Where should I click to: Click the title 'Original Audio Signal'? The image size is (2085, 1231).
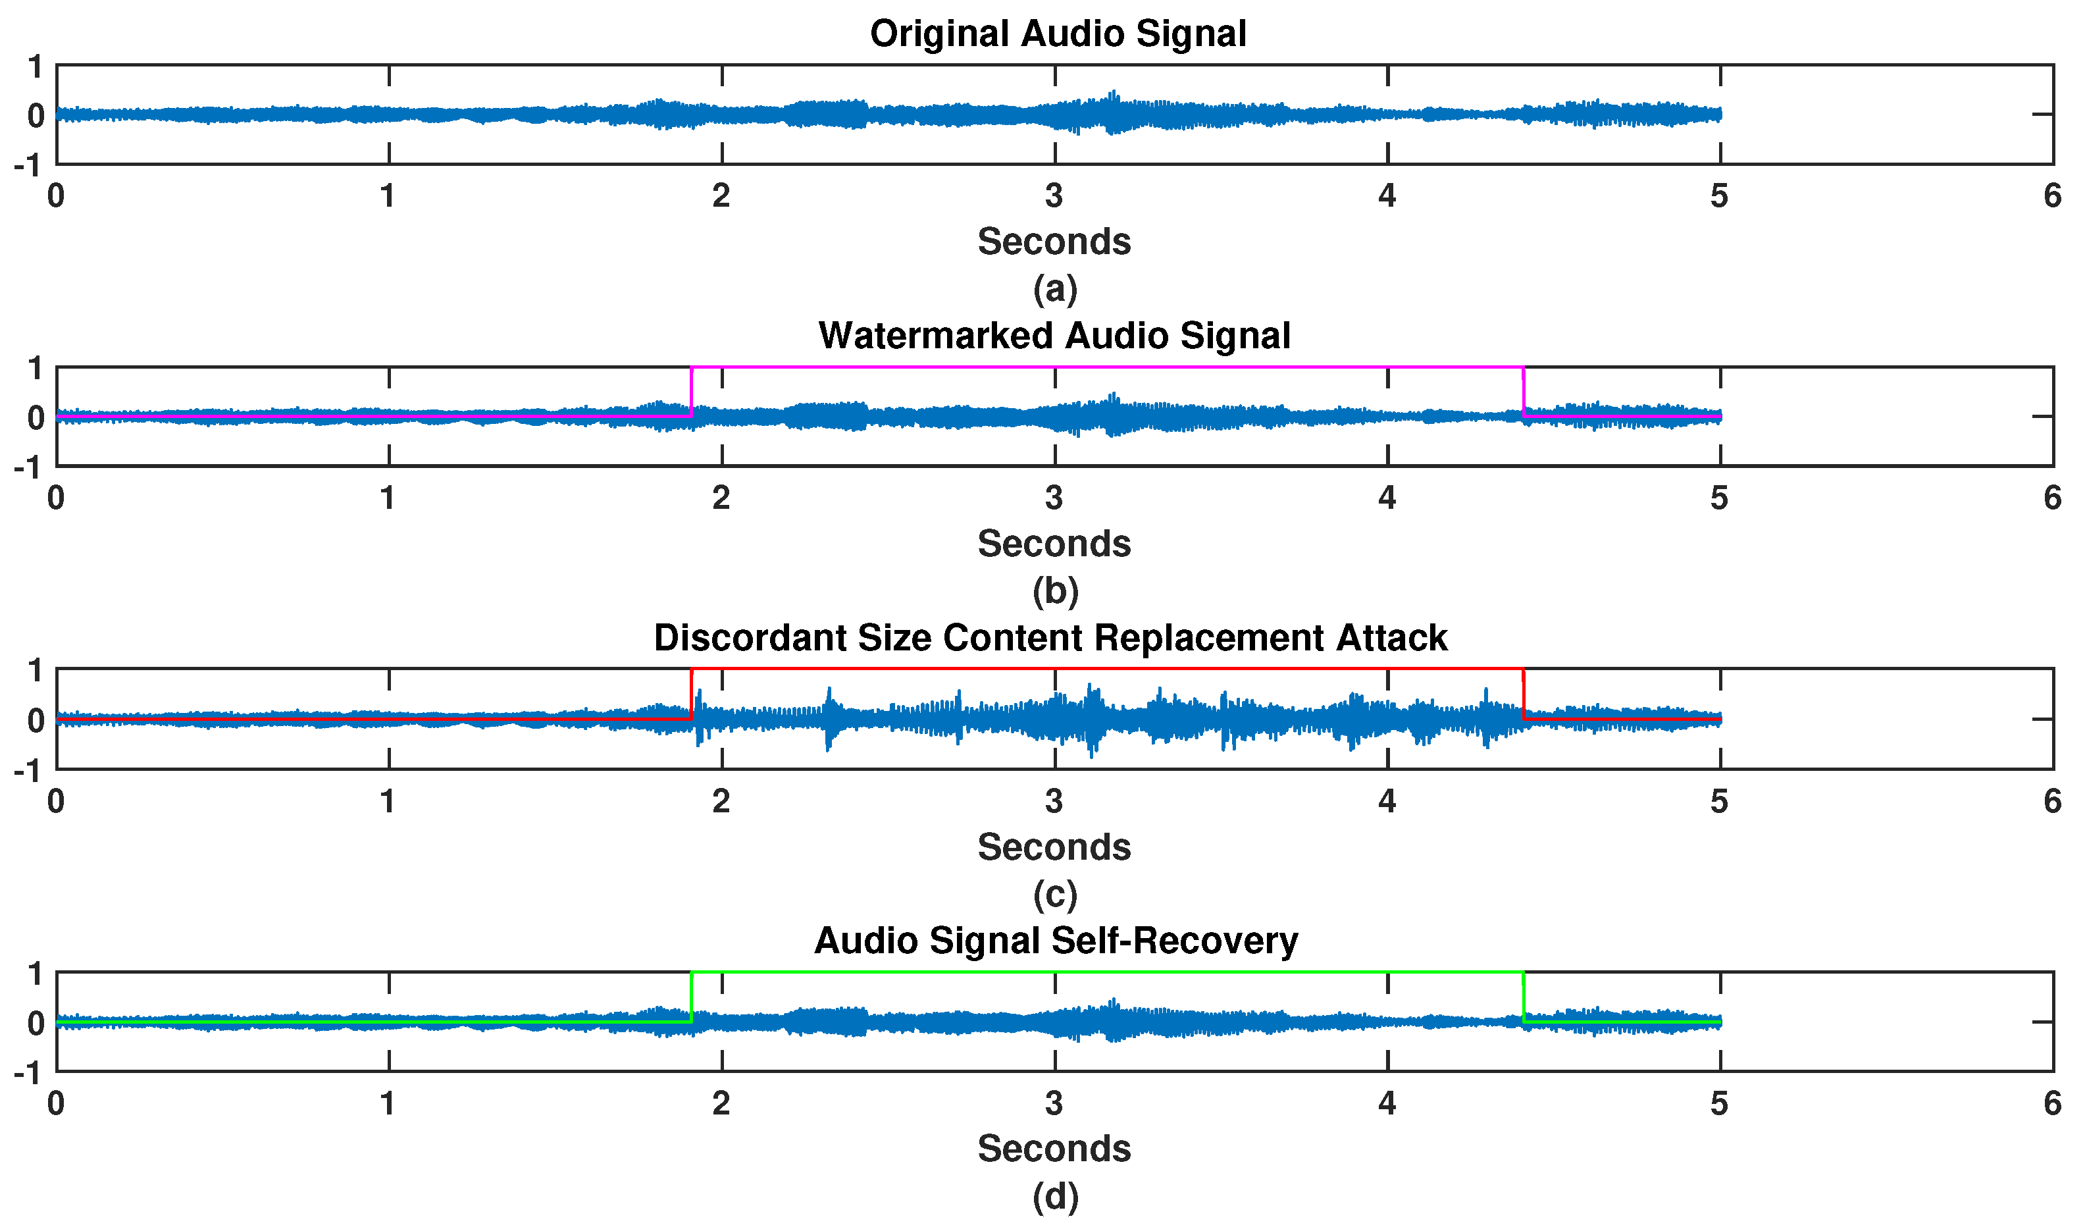tap(1058, 34)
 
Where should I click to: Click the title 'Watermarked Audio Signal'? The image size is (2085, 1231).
tap(1054, 336)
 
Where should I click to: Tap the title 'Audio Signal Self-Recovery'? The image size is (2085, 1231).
tap(1056, 941)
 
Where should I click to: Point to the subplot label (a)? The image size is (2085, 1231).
tap(1055, 289)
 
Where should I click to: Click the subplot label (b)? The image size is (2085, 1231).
tap(1055, 590)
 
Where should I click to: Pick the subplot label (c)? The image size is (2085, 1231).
tap(1055, 894)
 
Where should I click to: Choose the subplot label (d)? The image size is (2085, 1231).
tap(1055, 1196)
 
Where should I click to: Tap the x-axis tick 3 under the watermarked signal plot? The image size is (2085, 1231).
tap(1054, 498)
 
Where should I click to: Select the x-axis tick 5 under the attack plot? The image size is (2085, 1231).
tap(1719, 801)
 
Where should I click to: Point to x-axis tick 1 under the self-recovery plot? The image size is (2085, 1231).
tap(387, 1103)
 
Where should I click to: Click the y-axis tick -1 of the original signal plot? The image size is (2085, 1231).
tap(28, 166)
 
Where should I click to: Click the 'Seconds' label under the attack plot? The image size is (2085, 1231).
tap(1054, 847)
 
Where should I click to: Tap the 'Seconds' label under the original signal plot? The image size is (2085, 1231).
tap(1054, 242)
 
